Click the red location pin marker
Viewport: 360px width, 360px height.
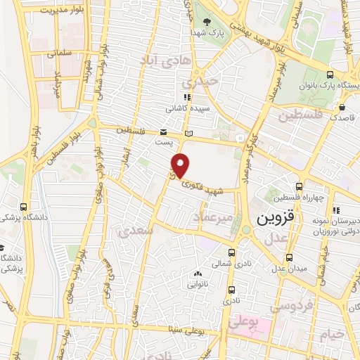click(181, 165)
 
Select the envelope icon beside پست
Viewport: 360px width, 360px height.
click(162, 131)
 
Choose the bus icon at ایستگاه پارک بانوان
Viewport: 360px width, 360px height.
click(330, 75)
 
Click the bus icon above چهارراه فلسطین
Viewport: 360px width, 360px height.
click(300, 187)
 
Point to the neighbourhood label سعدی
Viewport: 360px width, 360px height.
click(134, 231)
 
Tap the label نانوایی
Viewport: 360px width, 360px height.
click(196, 285)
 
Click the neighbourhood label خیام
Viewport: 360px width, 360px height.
click(332, 333)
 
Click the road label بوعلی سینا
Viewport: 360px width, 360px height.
click(179, 329)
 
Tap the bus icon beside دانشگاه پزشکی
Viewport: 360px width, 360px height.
click(25, 207)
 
